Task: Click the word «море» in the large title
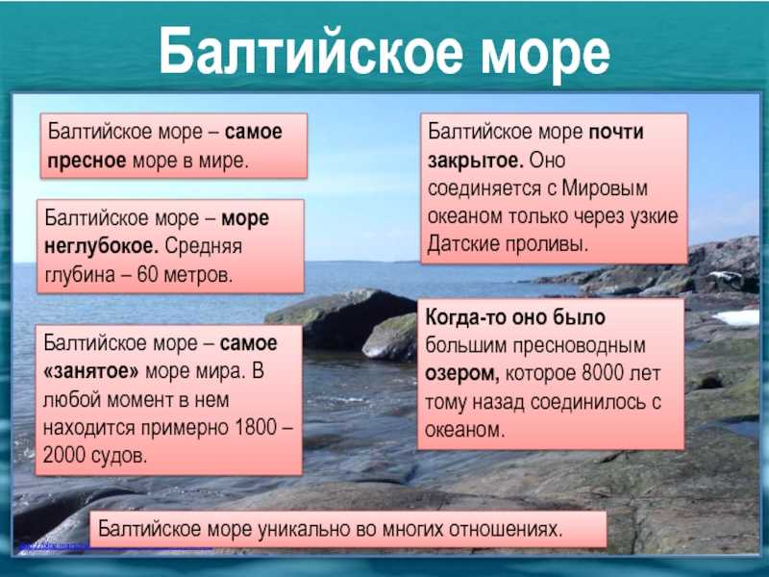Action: tap(545, 53)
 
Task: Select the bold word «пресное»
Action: tap(87, 161)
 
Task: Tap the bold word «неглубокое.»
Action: tap(102, 246)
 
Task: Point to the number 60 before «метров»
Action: tap(148, 274)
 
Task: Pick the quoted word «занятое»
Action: tap(91, 371)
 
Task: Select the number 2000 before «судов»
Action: tap(64, 455)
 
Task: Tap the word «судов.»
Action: tap(119, 456)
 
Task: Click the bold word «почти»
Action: tap(616, 132)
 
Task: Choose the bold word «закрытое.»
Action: tap(476, 161)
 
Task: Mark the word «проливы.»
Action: tap(547, 245)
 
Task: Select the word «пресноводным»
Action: tap(580, 346)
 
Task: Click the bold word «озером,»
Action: tap(462, 374)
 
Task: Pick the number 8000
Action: tap(603, 373)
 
